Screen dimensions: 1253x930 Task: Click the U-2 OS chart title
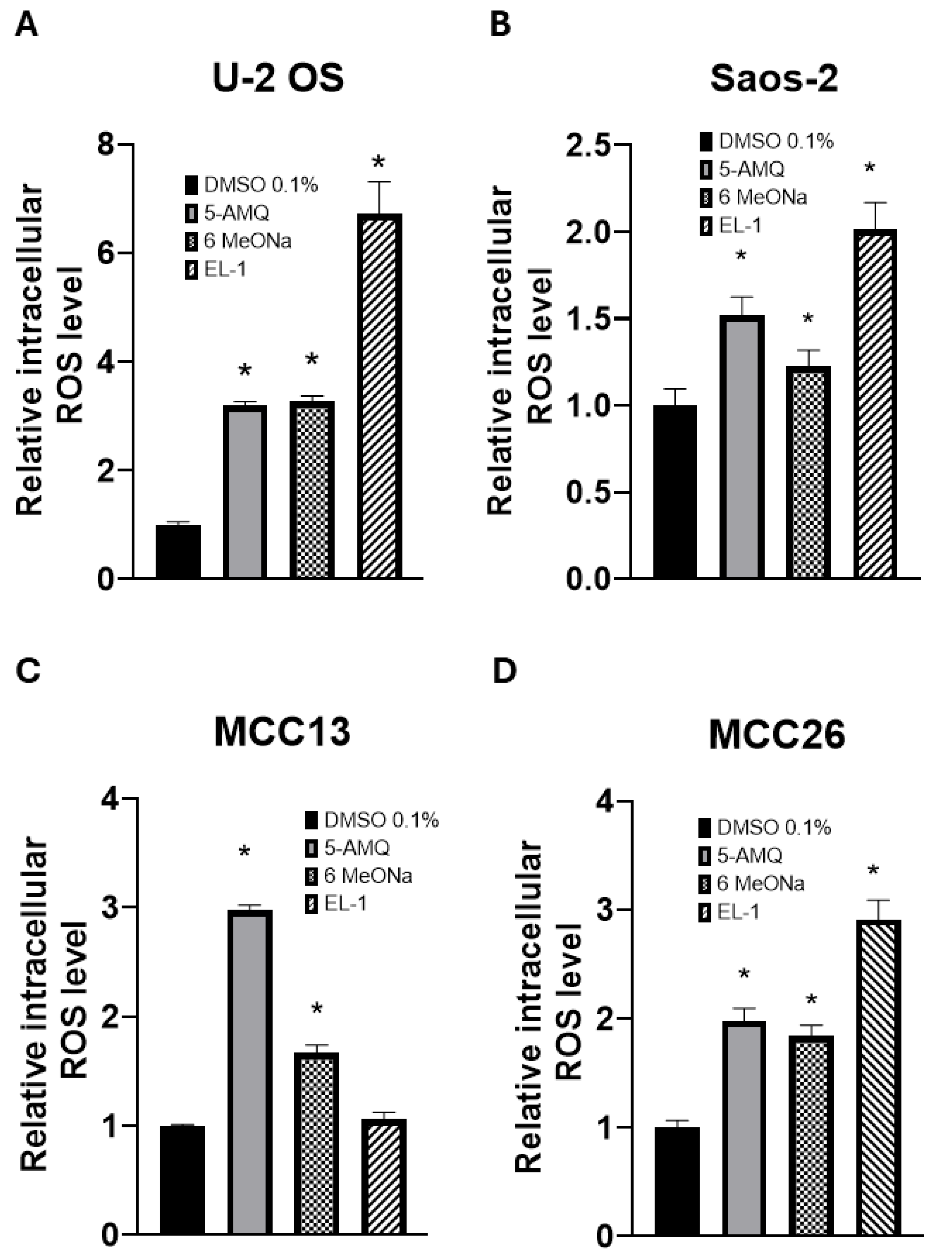point(278,79)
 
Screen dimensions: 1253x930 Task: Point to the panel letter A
point(27,25)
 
